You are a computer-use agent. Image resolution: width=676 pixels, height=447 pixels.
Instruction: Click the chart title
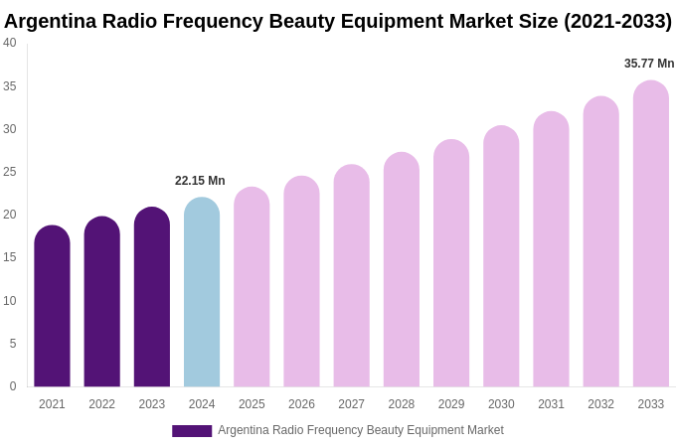338,21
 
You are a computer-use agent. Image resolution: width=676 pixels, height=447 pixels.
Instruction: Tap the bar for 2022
101,302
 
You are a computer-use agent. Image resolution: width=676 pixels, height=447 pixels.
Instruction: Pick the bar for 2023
152,297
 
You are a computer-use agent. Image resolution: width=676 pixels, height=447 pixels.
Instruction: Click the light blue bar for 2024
202,292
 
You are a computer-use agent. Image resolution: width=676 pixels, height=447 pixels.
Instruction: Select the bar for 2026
301,282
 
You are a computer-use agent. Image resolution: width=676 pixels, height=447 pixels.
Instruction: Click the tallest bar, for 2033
651,234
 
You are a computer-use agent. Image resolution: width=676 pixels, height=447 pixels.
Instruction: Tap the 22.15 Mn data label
200,181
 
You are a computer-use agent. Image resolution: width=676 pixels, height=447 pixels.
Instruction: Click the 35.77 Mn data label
649,64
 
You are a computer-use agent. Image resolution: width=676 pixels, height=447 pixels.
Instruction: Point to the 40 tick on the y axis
10,43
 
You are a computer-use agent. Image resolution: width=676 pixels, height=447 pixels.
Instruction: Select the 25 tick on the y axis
10,172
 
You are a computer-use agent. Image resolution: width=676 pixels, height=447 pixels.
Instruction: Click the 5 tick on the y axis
13,344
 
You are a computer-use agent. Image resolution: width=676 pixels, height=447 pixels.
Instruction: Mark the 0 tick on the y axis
13,386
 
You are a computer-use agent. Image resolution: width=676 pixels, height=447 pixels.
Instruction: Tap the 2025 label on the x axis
252,404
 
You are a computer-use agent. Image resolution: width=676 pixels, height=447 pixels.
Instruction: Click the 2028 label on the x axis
402,404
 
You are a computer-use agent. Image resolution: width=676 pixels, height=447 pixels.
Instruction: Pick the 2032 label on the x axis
600,404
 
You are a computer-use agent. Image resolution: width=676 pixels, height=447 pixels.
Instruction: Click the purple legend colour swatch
192,431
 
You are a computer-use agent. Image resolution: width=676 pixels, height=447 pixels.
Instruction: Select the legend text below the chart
361,430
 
